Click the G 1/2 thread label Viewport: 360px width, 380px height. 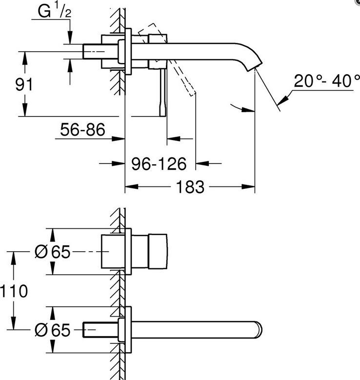point(55,11)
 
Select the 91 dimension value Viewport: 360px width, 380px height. point(24,84)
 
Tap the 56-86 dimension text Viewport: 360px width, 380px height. point(82,129)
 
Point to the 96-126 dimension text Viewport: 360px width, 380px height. point(159,163)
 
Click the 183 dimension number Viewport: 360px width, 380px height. point(190,187)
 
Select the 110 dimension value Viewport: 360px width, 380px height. point(14,291)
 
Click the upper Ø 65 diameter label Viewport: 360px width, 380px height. point(52,252)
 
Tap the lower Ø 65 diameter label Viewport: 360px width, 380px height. point(52,330)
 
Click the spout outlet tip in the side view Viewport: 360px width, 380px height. point(255,67)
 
